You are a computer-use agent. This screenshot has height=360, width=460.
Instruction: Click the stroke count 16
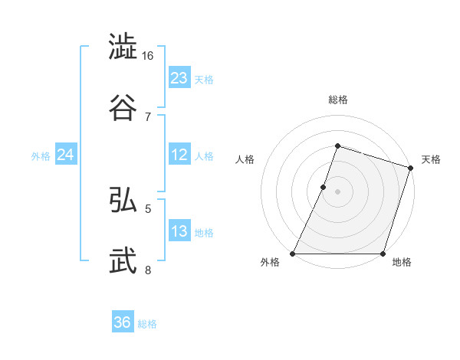pos(148,56)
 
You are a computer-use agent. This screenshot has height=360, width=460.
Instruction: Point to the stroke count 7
pos(148,116)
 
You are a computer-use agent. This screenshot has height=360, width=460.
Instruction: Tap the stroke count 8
pos(148,270)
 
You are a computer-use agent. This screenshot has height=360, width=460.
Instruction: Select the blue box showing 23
pos(179,78)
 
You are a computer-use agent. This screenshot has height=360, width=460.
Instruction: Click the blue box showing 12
pos(179,155)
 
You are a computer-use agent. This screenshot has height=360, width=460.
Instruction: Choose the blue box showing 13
pos(179,232)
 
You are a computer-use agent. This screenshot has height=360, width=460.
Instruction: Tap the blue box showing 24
pos(66,155)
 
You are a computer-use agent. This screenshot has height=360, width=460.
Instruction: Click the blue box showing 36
pos(123,323)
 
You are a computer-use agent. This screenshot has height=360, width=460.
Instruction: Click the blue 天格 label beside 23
pos(204,80)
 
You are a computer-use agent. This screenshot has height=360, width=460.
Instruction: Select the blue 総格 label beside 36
pos(147,325)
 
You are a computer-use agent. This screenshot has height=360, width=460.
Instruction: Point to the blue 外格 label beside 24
pos(41,156)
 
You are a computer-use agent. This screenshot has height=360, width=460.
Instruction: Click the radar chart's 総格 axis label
pos(337,100)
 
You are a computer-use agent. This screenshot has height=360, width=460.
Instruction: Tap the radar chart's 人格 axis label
pos(245,159)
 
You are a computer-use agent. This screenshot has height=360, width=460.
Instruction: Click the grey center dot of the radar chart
pos(337,191)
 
